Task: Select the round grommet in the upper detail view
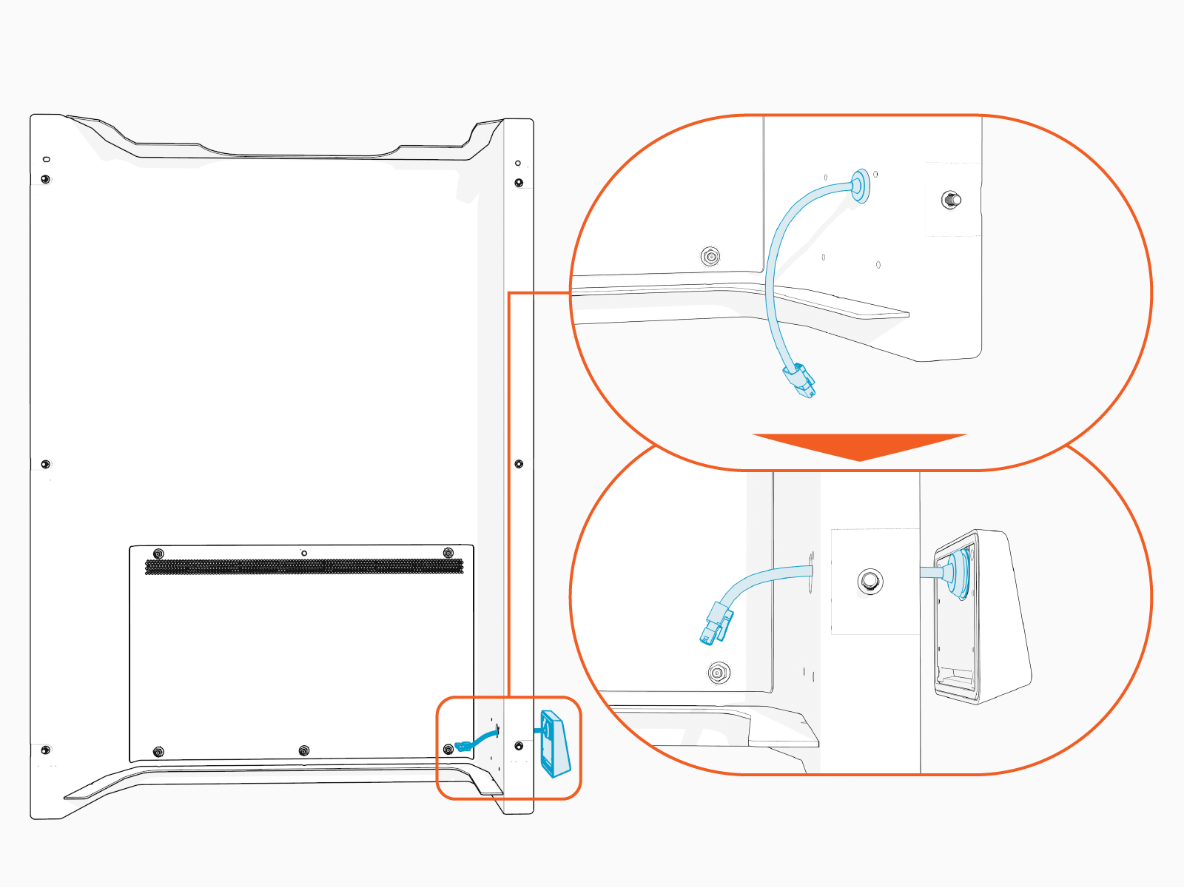860,185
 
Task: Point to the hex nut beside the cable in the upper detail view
710,257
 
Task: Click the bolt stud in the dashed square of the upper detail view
951,199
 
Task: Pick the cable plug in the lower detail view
716,623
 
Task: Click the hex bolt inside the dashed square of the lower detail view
870,581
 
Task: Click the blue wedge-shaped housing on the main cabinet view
556,744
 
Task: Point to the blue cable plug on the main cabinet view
464,745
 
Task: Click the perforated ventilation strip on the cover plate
304,567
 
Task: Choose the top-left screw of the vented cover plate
158,554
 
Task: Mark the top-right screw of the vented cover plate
448,554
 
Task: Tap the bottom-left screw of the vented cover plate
158,752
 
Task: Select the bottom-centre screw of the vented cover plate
304,751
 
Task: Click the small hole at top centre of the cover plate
304,553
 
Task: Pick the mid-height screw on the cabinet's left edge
46,464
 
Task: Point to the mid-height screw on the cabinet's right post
519,464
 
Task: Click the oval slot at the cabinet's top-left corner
47,159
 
